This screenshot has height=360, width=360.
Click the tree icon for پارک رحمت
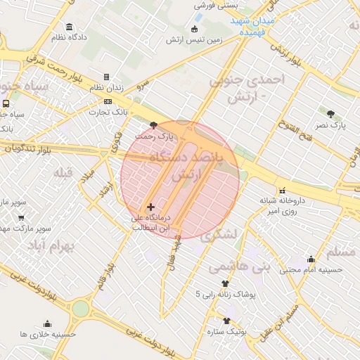tap(153, 124)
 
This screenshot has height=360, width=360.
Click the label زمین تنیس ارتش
tap(194, 39)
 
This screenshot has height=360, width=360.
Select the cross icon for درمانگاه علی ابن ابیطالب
tap(150, 207)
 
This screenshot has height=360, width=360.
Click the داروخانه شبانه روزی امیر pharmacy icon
tap(282, 190)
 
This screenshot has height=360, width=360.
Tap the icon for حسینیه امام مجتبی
tap(311, 259)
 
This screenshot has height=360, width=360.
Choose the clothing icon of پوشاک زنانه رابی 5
tap(224, 283)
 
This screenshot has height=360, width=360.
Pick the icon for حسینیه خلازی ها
tap(47, 324)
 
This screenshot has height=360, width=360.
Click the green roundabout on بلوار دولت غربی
tap(80, 309)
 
